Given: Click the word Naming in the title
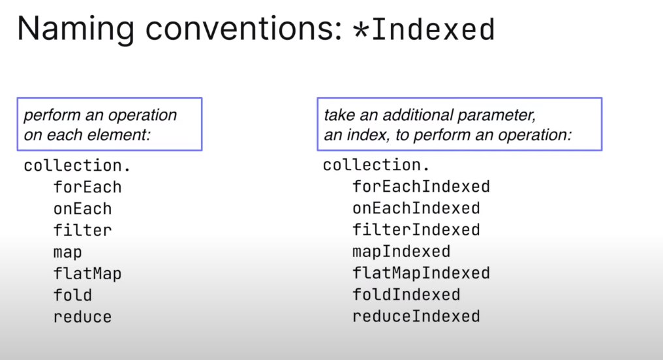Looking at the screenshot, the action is [76, 29].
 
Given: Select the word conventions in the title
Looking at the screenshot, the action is [243, 29].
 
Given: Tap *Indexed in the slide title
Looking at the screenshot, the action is [424, 29].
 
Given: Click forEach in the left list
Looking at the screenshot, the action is [87, 187].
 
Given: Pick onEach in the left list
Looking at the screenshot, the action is [82, 209].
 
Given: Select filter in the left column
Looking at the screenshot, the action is [82, 230].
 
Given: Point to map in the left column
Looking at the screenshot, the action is [68, 252].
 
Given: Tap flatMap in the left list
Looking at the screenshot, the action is [87, 273].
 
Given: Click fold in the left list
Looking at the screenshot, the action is [72, 295].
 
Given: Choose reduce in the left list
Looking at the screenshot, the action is [82, 317].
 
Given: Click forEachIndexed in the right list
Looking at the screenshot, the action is [421, 187].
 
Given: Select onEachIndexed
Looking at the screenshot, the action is [416, 208].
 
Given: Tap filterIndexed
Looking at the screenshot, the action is [416, 230].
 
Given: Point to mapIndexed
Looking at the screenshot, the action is [401, 252].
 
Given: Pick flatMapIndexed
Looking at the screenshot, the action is [421, 273].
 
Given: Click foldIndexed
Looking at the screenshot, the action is [407, 294].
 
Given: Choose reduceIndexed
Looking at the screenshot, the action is [416, 316].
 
